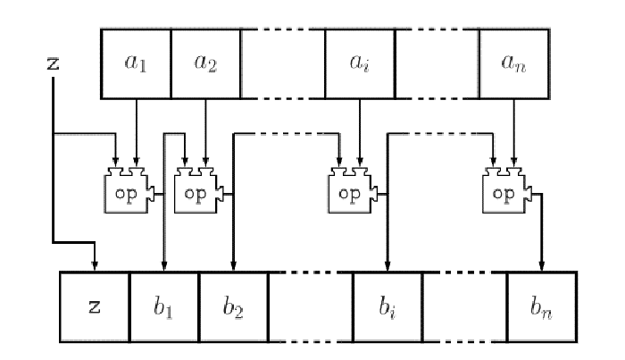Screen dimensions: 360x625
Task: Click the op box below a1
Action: [x=127, y=192]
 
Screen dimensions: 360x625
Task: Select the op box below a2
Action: [x=196, y=192]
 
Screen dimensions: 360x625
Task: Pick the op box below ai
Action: [x=351, y=192]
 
